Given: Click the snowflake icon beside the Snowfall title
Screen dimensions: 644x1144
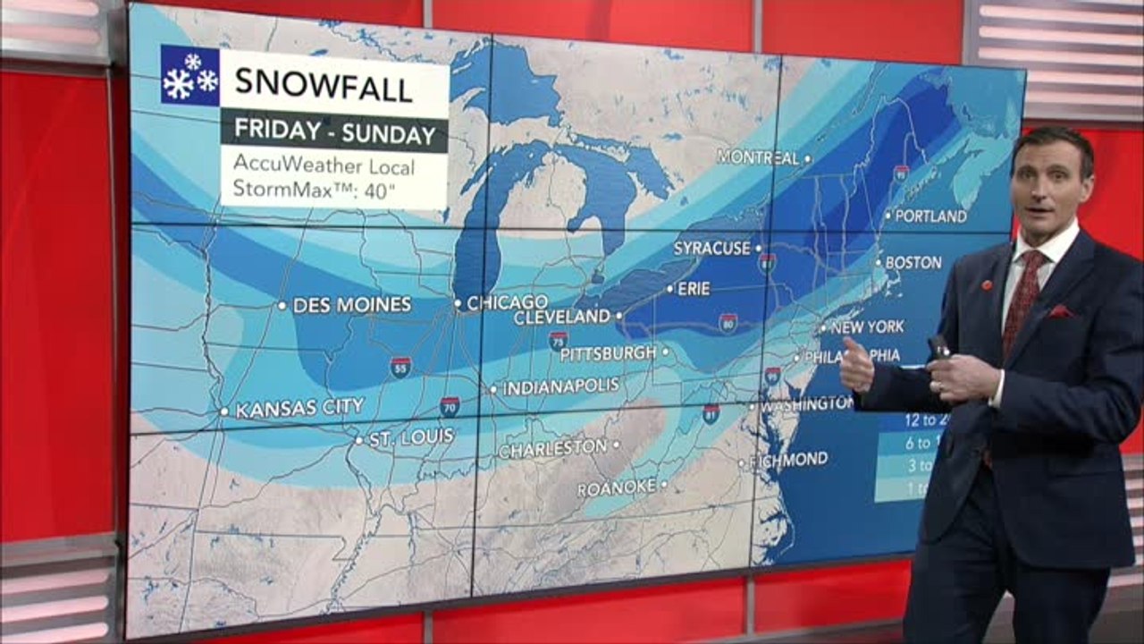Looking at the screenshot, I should [189, 76].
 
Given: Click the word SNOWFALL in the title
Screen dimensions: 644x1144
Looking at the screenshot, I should [323, 86].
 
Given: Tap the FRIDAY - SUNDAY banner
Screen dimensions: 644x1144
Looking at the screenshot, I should [334, 133].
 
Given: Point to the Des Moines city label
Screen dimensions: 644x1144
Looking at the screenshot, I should [351, 305].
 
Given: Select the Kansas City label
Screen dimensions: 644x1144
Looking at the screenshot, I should [299, 409].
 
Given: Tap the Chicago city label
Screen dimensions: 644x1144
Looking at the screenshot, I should [507, 302].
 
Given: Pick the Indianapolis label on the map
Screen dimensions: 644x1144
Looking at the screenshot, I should [560, 387].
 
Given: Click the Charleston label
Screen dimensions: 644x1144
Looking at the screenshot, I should [552, 447].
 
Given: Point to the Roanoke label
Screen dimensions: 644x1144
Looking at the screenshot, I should [617, 488].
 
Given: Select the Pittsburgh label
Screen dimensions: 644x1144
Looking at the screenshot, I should [608, 353].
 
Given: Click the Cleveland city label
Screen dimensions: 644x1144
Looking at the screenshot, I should [561, 318].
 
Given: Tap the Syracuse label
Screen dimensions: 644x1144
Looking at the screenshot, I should [711, 248].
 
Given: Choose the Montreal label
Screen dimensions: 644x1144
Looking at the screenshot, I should [758, 157].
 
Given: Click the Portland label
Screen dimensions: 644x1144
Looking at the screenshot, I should [930, 216].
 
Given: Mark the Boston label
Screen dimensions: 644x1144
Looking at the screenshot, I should [913, 262].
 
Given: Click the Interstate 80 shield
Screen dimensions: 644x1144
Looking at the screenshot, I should [728, 323].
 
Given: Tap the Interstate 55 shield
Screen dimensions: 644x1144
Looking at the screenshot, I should [400, 366].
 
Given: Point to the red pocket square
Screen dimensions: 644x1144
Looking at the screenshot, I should [1061, 311].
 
